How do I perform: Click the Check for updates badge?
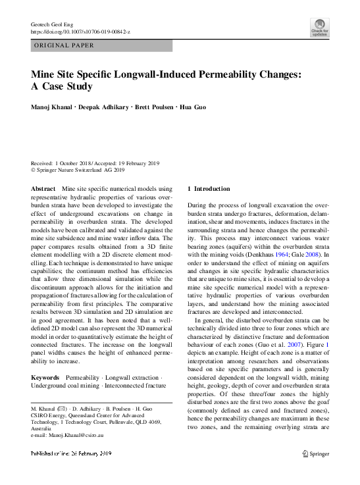tap(319, 27)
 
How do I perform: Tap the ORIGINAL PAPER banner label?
tap(64, 46)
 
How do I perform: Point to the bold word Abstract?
tap(43, 189)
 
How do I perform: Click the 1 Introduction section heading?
tap(209, 189)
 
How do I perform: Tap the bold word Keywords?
tap(46, 377)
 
